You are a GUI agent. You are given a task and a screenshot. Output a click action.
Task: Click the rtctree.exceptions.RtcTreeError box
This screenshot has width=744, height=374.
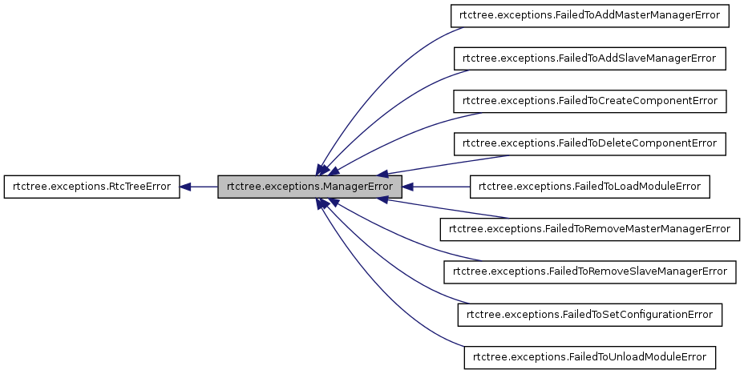click(91, 187)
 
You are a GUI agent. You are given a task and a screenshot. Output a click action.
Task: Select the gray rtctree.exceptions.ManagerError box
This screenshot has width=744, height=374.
click(309, 187)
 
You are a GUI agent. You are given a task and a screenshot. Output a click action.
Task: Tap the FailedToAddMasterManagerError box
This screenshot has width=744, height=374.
click(590, 16)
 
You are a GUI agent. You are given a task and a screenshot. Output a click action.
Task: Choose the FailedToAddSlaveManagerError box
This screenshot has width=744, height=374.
click(590, 58)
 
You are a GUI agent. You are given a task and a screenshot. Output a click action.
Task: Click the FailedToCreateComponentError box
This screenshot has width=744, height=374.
click(590, 101)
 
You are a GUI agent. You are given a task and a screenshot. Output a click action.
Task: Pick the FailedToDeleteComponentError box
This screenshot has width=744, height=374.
click(590, 143)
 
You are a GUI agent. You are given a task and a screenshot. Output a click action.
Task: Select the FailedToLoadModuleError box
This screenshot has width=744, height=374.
click(590, 187)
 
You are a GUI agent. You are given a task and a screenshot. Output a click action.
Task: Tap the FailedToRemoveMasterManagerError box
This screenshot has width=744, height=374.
click(590, 229)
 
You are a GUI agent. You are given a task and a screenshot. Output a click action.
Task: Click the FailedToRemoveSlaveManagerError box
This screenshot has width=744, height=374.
click(590, 271)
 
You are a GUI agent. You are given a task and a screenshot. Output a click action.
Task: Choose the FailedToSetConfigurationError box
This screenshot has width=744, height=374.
click(590, 314)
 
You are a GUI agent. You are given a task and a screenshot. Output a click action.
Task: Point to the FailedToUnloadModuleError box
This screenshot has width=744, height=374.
click(590, 356)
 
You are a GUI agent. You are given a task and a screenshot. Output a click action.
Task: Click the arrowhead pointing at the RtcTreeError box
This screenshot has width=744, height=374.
click(185, 187)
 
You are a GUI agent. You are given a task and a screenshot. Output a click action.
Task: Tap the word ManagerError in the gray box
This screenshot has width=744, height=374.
click(358, 187)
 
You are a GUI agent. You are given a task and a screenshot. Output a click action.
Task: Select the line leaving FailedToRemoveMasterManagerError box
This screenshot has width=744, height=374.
click(449, 210)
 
